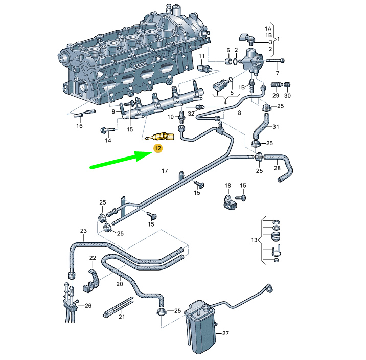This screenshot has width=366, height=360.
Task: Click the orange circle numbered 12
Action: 158,149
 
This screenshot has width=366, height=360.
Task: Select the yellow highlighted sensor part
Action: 161,137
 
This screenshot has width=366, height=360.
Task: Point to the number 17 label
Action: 165,170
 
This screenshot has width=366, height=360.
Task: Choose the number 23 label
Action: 83,232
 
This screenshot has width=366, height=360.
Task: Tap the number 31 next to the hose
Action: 276,127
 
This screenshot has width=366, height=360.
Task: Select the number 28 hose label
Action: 277,168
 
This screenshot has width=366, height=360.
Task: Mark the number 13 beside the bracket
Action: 254,240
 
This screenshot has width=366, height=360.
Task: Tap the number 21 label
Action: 122,317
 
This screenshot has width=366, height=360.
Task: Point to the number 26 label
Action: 88,306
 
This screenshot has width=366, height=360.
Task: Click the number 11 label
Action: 201,56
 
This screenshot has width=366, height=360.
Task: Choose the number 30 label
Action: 287,96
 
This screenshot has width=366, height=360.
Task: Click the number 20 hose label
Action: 120,284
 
